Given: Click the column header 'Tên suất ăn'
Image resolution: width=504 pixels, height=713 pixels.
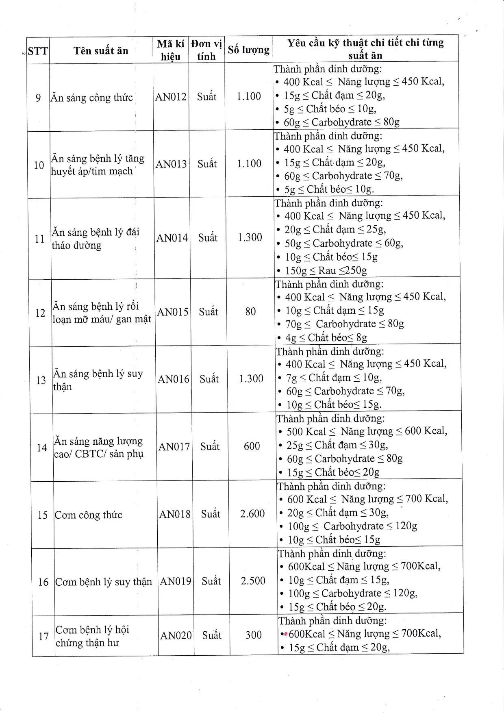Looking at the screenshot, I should (101, 51).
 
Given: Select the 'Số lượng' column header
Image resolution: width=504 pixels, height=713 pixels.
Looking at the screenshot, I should (248, 50).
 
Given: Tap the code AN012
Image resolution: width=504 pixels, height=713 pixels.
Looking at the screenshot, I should (171, 97).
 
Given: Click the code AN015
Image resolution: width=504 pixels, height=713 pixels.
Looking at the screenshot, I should (173, 312).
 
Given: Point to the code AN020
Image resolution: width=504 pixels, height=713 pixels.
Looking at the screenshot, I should (176, 635).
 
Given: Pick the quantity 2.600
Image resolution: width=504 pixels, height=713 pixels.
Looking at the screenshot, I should (252, 514).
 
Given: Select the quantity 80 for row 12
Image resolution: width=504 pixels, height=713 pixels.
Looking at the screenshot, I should (250, 312).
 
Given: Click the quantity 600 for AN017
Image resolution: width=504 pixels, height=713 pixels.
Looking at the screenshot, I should (252, 446).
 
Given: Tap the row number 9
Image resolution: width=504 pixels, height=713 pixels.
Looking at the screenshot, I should (38, 98).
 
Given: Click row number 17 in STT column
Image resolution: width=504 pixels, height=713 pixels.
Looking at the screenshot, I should (43, 636).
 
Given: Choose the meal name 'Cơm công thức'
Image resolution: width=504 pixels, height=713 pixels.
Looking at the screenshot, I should (89, 515).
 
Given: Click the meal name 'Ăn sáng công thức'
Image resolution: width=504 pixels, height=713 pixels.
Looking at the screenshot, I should (92, 98).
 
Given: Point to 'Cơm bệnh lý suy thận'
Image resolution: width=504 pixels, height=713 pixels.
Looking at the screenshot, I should (104, 582).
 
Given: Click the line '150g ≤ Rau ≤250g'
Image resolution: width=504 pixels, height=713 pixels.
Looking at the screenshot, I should (326, 270).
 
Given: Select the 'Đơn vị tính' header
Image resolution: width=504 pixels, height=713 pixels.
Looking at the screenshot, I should (206, 50).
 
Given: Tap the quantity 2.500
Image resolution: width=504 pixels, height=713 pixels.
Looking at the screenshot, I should (253, 581).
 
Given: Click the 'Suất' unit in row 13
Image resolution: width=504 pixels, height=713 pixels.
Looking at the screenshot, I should (209, 379).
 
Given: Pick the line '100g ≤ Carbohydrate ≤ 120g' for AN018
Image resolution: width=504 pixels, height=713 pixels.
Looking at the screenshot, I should (352, 526).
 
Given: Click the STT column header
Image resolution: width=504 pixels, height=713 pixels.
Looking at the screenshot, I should (38, 51).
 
